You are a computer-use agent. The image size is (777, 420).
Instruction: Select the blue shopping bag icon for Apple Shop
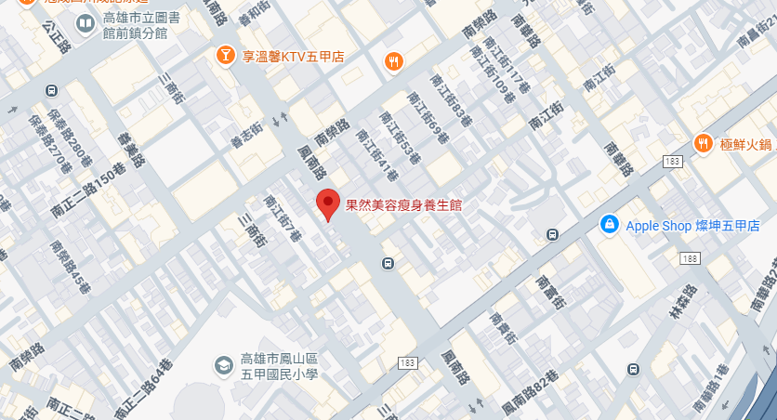pos(609,225)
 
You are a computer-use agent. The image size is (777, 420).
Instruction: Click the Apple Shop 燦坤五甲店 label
pos(692,226)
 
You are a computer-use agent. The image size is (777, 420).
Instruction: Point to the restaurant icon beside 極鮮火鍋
pos(703,143)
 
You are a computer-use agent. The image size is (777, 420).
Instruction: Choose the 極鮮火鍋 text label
pos(744,144)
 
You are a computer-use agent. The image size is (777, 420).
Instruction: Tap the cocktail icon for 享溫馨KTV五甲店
pos(224,57)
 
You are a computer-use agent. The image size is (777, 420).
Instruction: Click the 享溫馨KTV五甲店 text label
pos(293,57)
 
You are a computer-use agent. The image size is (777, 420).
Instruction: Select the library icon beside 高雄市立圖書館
pos(85,22)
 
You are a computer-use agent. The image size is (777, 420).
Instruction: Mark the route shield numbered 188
pos(690,257)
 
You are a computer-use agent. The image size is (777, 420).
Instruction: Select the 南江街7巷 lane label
pos(282,217)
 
